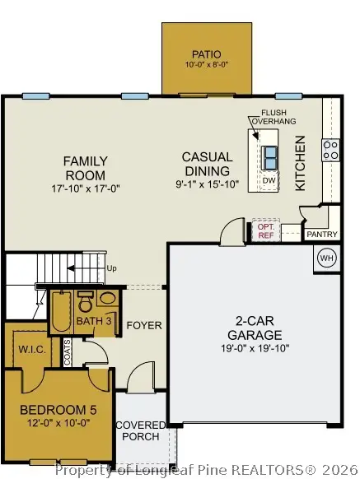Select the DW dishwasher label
(269, 180)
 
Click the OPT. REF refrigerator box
(265, 230)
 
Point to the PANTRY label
(322, 235)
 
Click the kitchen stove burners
(330, 150)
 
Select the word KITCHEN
(301, 163)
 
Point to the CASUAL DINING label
(207, 164)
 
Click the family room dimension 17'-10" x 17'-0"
(85, 188)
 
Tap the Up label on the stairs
(113, 268)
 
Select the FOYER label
(143, 326)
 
